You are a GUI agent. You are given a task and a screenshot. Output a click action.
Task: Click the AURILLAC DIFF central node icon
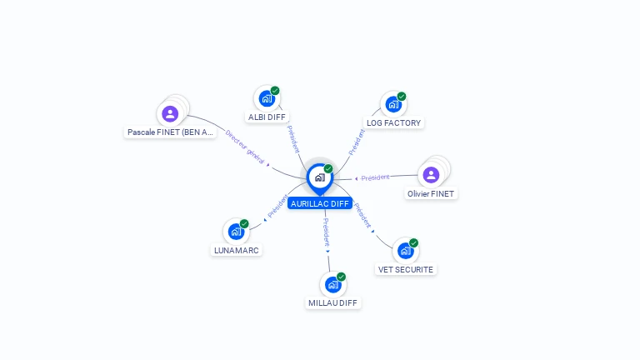coord(319,177)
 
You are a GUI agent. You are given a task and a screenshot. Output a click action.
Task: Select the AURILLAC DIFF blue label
coord(320,203)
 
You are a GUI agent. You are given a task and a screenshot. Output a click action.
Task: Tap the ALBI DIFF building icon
coord(267,98)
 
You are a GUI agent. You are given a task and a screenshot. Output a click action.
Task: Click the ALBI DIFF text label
coord(267,117)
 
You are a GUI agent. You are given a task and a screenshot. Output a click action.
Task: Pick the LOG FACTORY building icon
coord(393,104)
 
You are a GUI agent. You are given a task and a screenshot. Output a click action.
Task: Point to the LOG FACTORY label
coord(394,122)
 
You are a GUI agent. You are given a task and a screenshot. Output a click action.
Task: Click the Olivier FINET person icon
coord(431,174)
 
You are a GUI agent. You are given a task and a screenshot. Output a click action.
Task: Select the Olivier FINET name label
coord(432,193)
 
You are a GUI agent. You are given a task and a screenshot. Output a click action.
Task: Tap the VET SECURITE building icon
coord(405,251)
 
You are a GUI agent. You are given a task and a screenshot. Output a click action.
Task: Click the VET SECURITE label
coord(406,269)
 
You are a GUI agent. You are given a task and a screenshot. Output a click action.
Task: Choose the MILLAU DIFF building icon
coord(333,284)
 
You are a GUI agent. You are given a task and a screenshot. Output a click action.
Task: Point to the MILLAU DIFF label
coord(332,302)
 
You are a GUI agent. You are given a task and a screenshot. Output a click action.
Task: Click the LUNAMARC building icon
coord(236,231)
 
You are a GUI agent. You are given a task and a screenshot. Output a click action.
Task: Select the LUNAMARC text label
coord(236,250)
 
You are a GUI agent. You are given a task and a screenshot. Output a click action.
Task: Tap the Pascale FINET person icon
coord(170,113)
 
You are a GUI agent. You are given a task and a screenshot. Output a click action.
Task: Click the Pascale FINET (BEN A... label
coord(171,132)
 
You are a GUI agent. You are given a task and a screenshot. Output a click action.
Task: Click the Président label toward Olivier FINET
coord(375,177)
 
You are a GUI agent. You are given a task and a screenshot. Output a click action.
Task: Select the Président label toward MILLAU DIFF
coord(326,231)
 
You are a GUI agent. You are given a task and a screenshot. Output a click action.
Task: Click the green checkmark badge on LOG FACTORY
coord(402,97)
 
